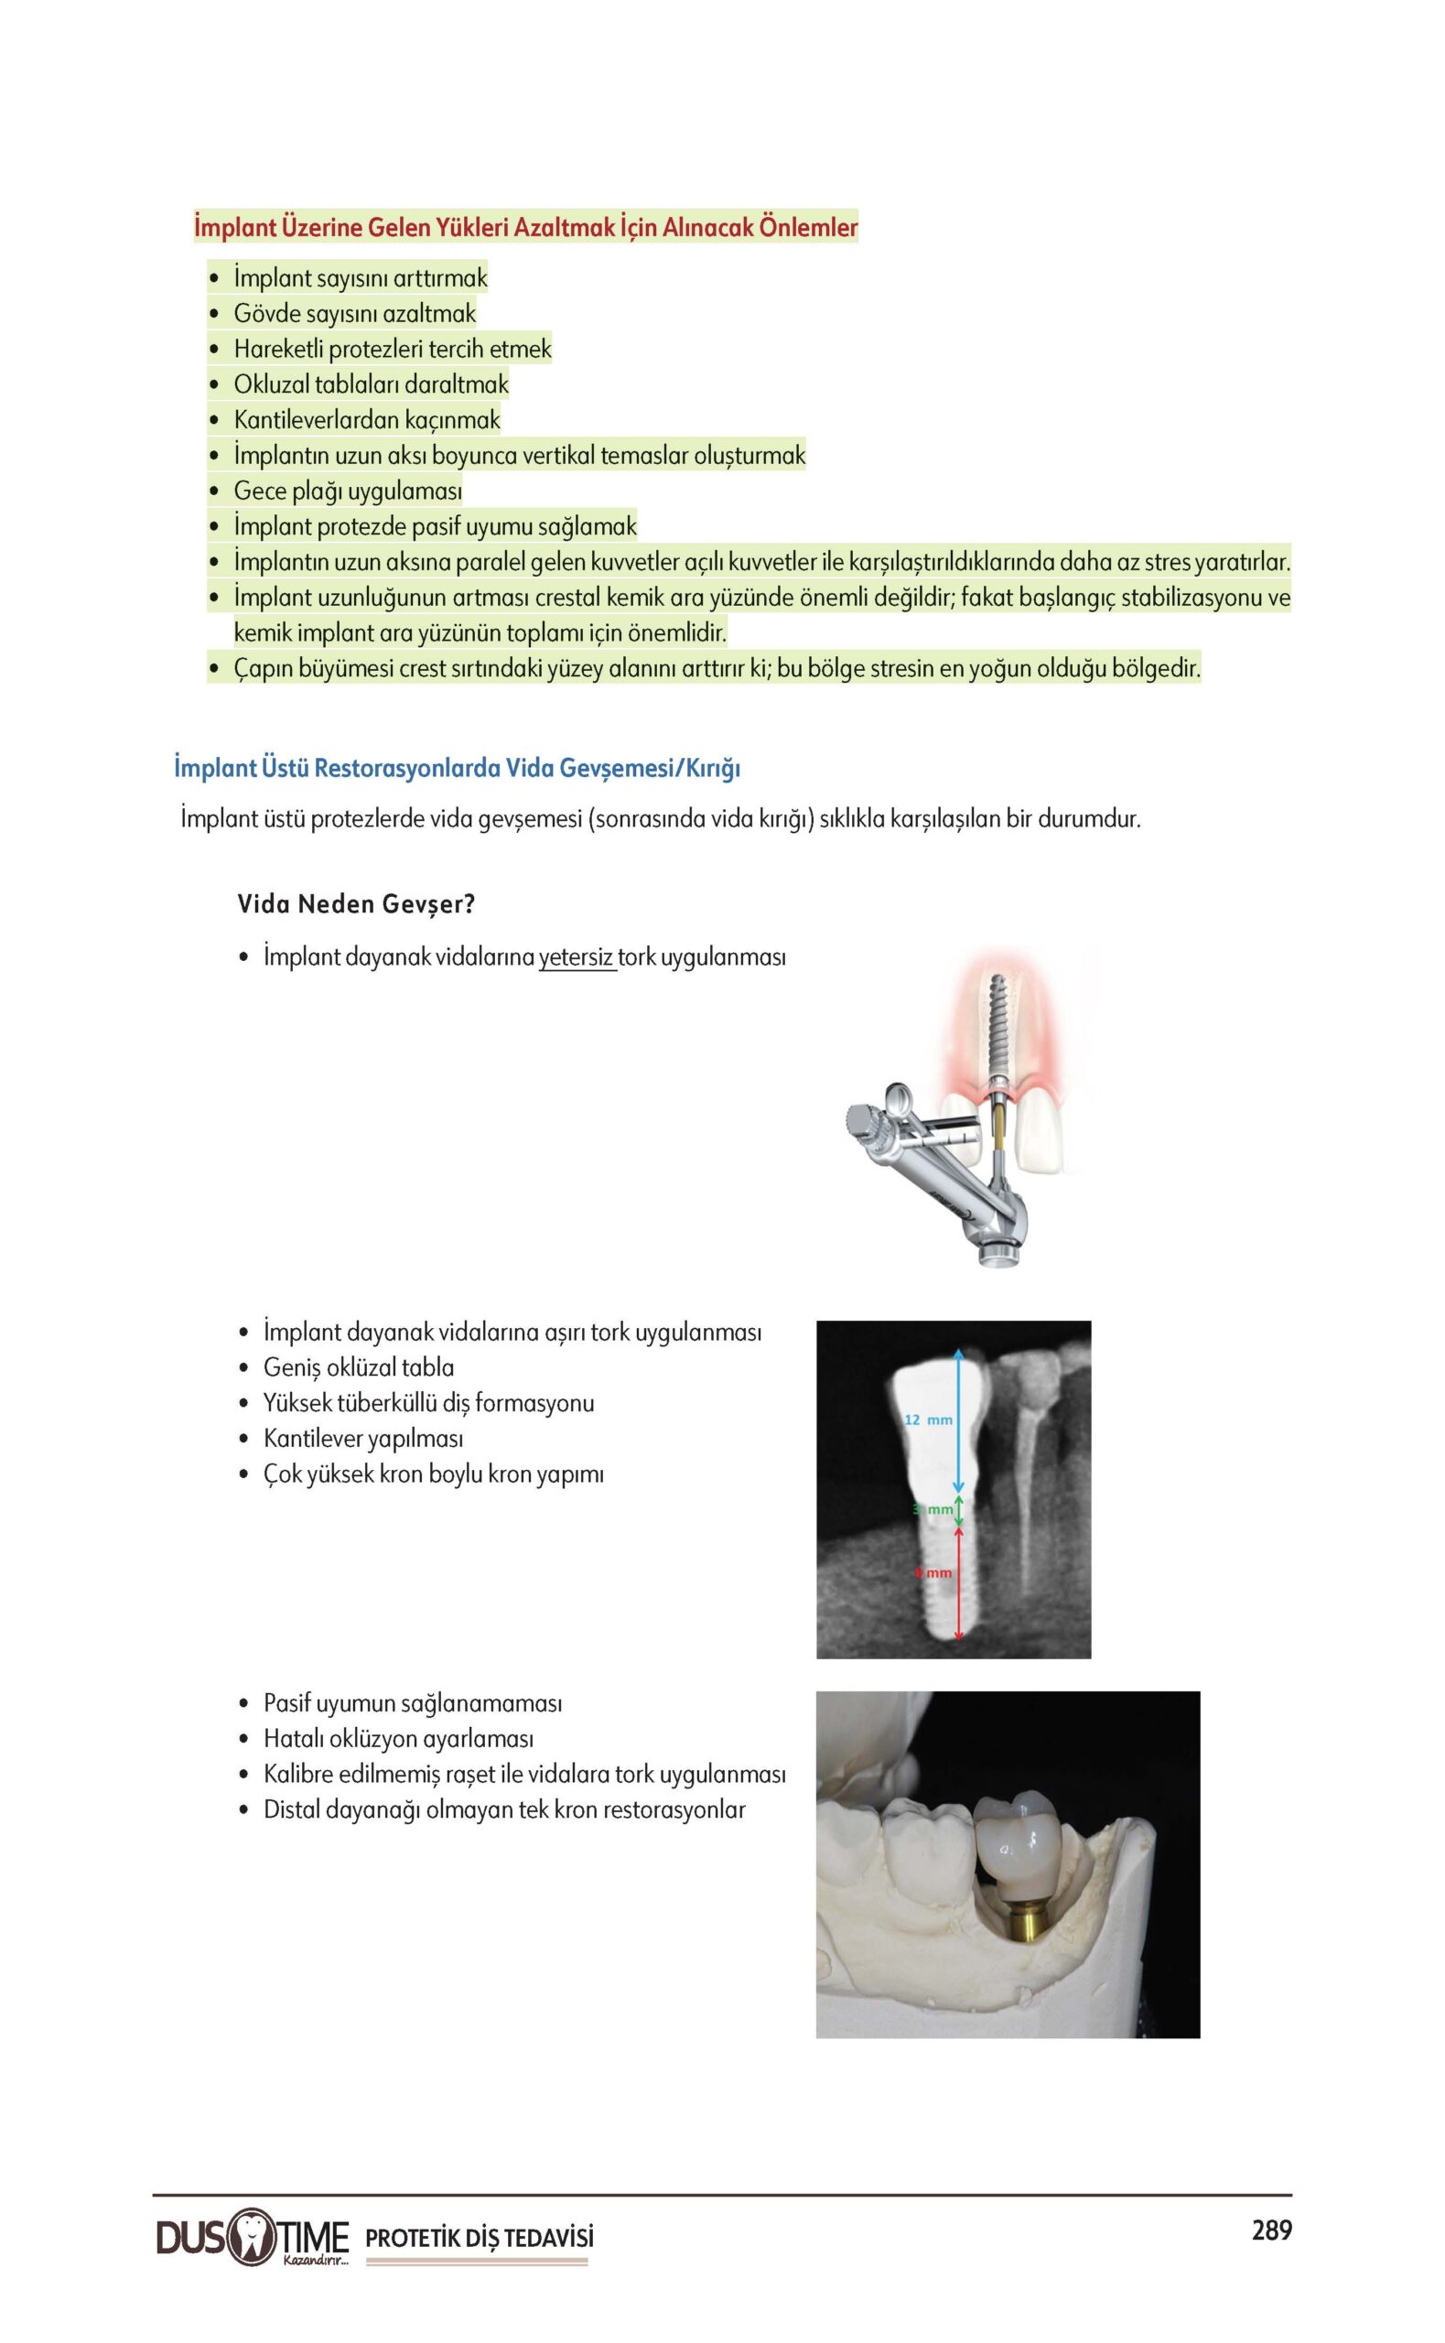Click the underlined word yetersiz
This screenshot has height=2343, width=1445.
pos(577,957)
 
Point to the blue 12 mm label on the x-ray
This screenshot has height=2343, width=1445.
pos(928,1420)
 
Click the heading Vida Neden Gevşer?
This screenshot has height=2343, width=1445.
pos(355,904)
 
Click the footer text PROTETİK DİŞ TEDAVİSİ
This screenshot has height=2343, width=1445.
pos(480,2238)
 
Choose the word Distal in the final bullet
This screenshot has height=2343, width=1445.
pos(293,1809)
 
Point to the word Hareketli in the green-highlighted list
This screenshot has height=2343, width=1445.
pos(278,349)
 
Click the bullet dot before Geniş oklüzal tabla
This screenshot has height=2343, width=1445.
pos(244,1368)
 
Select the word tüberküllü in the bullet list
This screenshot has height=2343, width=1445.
pos(408,1403)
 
